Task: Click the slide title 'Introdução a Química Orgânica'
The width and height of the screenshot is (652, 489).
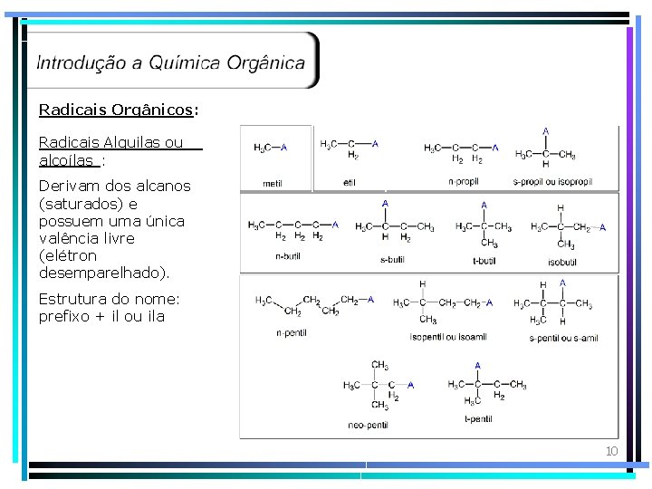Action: (171, 62)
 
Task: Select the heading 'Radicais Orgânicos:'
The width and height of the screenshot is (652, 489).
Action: (119, 110)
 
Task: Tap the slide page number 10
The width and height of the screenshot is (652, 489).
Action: (611, 451)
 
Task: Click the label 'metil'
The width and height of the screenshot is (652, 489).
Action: (272, 183)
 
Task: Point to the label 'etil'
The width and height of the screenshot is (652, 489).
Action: (350, 183)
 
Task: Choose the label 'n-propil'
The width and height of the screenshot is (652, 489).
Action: (464, 181)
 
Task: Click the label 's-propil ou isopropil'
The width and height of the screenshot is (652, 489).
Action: (552, 181)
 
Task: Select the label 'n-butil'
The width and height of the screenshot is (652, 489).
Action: (288, 256)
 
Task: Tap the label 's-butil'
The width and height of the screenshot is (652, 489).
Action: (392, 261)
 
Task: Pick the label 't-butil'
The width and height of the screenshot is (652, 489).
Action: (484, 261)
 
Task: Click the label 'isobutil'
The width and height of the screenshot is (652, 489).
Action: (561, 262)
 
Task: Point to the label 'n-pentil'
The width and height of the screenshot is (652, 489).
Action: (292, 333)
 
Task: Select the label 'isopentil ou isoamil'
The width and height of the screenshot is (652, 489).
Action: (448, 337)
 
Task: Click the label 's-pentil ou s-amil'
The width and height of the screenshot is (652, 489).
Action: (563, 338)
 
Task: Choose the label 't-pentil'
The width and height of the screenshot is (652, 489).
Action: (478, 419)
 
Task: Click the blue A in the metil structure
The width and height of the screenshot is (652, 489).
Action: (284, 147)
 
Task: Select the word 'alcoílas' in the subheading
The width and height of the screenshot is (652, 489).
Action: (66, 160)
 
